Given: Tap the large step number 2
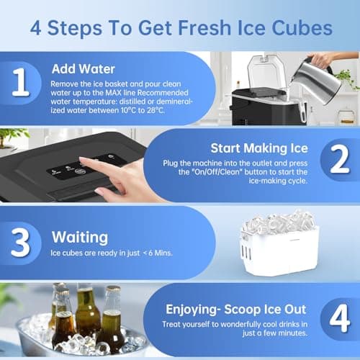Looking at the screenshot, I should (339, 162).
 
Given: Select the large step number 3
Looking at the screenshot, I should (21, 242).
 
